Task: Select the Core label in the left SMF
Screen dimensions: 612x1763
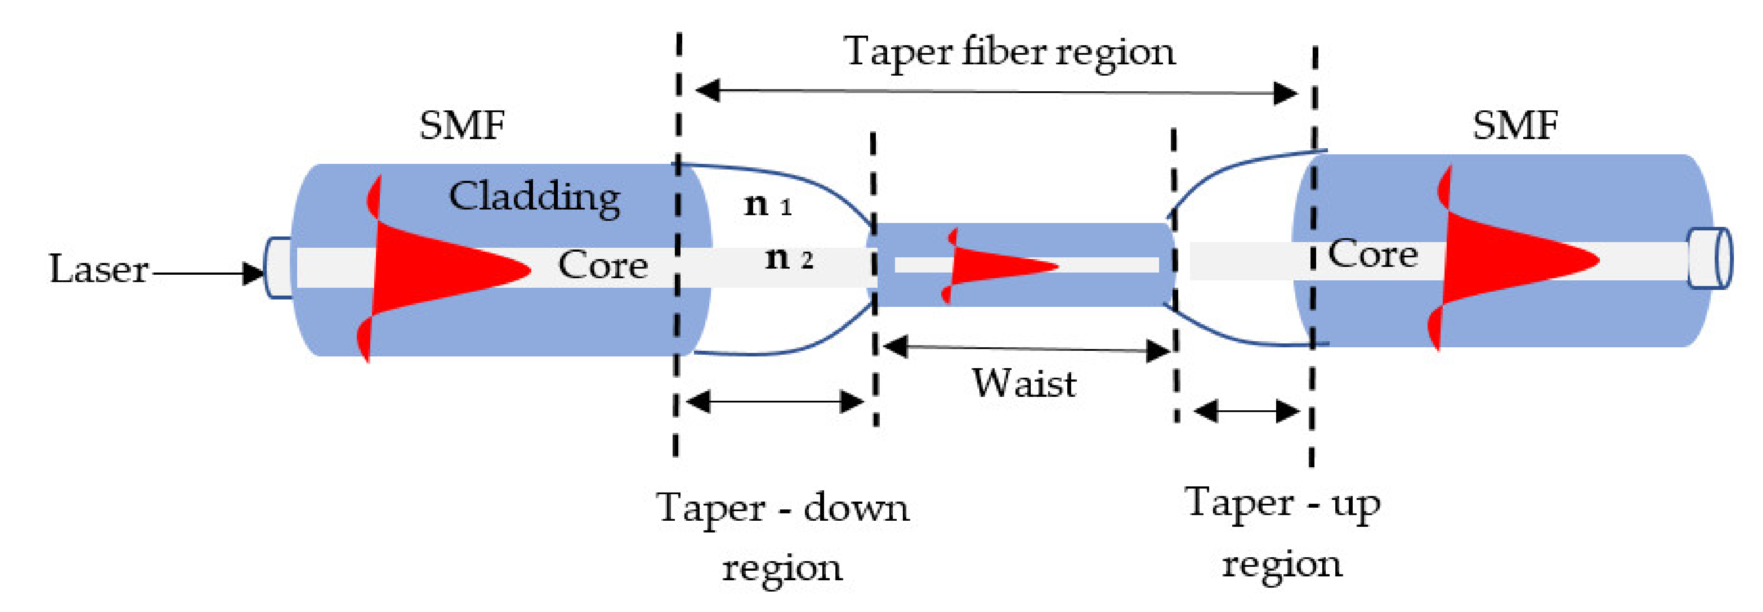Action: [x=602, y=265]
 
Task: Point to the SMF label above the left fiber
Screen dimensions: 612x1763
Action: [x=462, y=126]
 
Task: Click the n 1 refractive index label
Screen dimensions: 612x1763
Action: [x=767, y=204]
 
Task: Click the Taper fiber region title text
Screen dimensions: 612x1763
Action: [x=1009, y=52]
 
